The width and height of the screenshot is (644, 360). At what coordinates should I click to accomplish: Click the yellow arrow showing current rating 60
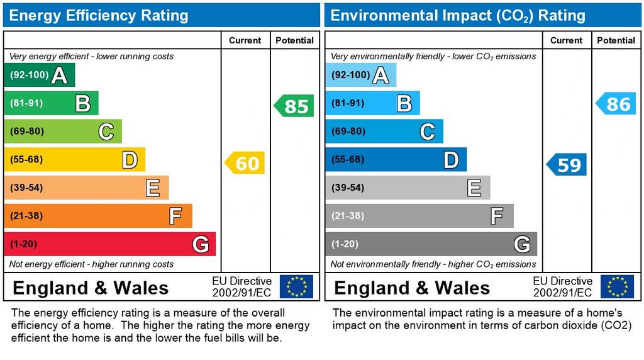[x=245, y=164]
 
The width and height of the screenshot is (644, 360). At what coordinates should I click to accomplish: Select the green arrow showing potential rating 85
[x=294, y=106]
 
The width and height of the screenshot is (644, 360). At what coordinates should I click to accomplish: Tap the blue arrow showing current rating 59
[x=567, y=165]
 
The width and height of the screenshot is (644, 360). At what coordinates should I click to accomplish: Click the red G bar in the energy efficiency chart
[x=109, y=244]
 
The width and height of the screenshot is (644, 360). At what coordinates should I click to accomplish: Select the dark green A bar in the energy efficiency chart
[x=39, y=76]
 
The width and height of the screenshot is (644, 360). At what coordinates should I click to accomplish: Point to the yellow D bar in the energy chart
[x=74, y=160]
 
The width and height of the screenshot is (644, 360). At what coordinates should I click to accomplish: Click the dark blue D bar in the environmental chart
[x=396, y=160]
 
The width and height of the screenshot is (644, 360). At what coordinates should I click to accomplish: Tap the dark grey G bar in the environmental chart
[x=431, y=244]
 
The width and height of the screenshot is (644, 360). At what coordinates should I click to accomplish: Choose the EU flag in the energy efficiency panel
[x=296, y=286]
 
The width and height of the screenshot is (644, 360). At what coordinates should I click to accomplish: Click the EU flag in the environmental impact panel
[x=617, y=286]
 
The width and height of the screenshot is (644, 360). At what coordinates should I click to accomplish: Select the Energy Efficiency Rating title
[x=99, y=15]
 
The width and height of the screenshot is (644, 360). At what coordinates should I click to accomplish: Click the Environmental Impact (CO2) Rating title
[x=458, y=15]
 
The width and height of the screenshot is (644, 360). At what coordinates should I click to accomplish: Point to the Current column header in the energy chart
[x=245, y=40]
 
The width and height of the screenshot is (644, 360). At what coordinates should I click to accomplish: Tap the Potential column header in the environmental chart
[x=616, y=40]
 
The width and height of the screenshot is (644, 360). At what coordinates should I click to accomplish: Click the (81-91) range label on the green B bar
[x=26, y=103]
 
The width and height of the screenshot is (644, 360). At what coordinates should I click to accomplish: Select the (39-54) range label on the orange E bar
[x=26, y=188]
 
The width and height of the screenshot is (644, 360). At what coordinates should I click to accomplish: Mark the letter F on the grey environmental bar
[x=497, y=217]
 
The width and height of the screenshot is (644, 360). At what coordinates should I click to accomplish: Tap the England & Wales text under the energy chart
[x=91, y=288]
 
